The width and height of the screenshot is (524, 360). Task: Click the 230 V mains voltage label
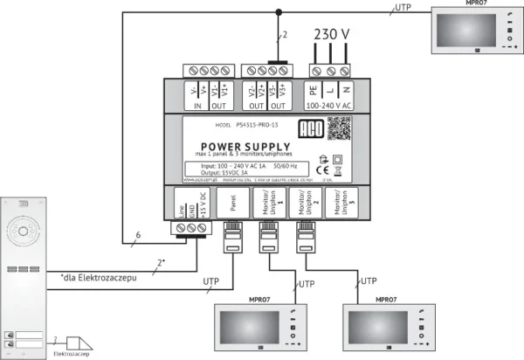point(332,35)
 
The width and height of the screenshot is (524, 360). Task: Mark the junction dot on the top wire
point(279,12)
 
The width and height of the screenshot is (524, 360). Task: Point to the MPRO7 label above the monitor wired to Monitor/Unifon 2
point(389,299)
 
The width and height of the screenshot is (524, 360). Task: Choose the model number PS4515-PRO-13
point(251,125)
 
